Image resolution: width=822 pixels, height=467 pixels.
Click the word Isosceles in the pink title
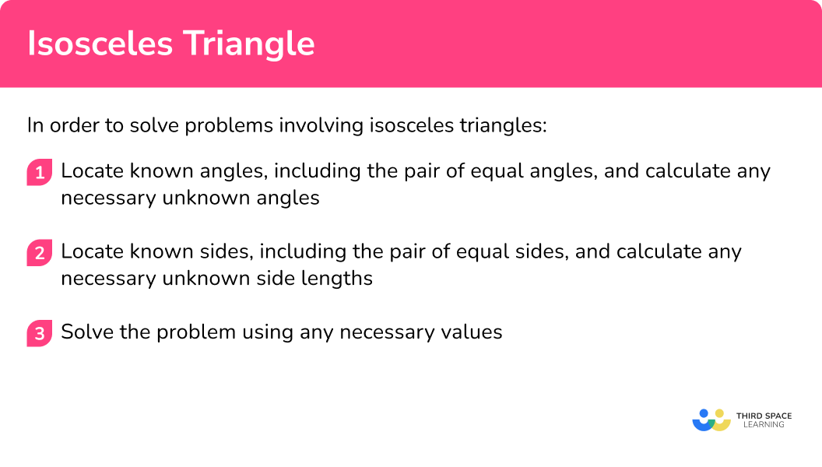click(x=100, y=43)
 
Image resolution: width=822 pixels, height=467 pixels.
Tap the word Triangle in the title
click(x=249, y=44)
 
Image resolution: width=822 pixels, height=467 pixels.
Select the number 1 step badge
click(x=40, y=172)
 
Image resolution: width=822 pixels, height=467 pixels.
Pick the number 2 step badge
click(x=40, y=253)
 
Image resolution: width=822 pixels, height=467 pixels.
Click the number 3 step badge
click(x=40, y=333)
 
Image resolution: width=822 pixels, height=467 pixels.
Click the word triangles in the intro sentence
click(x=503, y=126)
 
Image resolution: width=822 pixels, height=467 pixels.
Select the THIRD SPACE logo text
click(x=764, y=416)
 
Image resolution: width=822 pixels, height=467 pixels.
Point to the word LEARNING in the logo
click(x=764, y=425)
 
